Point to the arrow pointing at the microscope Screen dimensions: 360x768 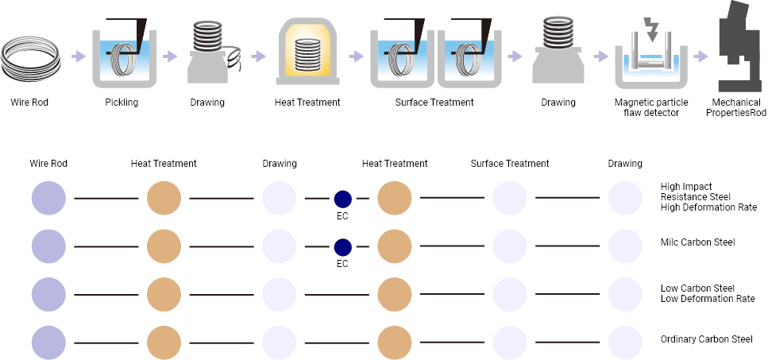(x=700, y=56)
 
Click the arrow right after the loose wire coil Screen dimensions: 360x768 (x=78, y=56)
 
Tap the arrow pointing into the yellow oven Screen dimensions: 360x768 (x=257, y=56)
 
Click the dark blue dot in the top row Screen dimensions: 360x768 (x=342, y=199)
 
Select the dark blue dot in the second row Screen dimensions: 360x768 (x=342, y=247)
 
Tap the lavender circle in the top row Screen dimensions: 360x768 (x=48, y=199)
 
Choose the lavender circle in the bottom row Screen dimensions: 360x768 (x=48, y=343)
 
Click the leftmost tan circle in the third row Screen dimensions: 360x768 (x=164, y=295)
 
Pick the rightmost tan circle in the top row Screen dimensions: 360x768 (x=395, y=199)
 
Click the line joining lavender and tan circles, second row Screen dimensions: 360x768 (x=106, y=247)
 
